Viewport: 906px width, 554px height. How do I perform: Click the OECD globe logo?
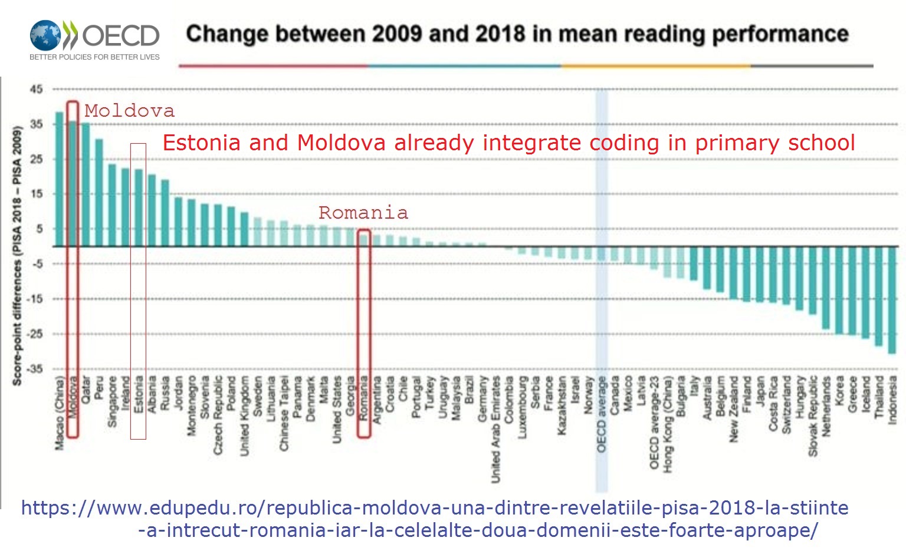click(x=46, y=35)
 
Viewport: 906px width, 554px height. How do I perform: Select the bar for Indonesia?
click(x=892, y=300)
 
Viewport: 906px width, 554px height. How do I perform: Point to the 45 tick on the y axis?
click(x=37, y=89)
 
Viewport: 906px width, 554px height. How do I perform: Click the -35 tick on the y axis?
click(x=37, y=369)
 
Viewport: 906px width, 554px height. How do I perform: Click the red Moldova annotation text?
click(x=129, y=111)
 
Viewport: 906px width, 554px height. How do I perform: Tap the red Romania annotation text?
click(x=363, y=213)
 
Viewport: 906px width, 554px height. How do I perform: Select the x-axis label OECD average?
click(x=601, y=414)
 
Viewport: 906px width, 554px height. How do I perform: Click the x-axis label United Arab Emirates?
click(x=495, y=430)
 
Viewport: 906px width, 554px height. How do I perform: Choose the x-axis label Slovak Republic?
click(x=813, y=416)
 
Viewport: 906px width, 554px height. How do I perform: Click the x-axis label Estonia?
click(x=139, y=394)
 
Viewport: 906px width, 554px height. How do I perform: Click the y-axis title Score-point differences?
click(x=17, y=256)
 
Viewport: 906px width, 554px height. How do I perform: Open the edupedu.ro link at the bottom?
click(x=435, y=519)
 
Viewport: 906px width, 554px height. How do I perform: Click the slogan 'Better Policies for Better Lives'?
click(x=94, y=57)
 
